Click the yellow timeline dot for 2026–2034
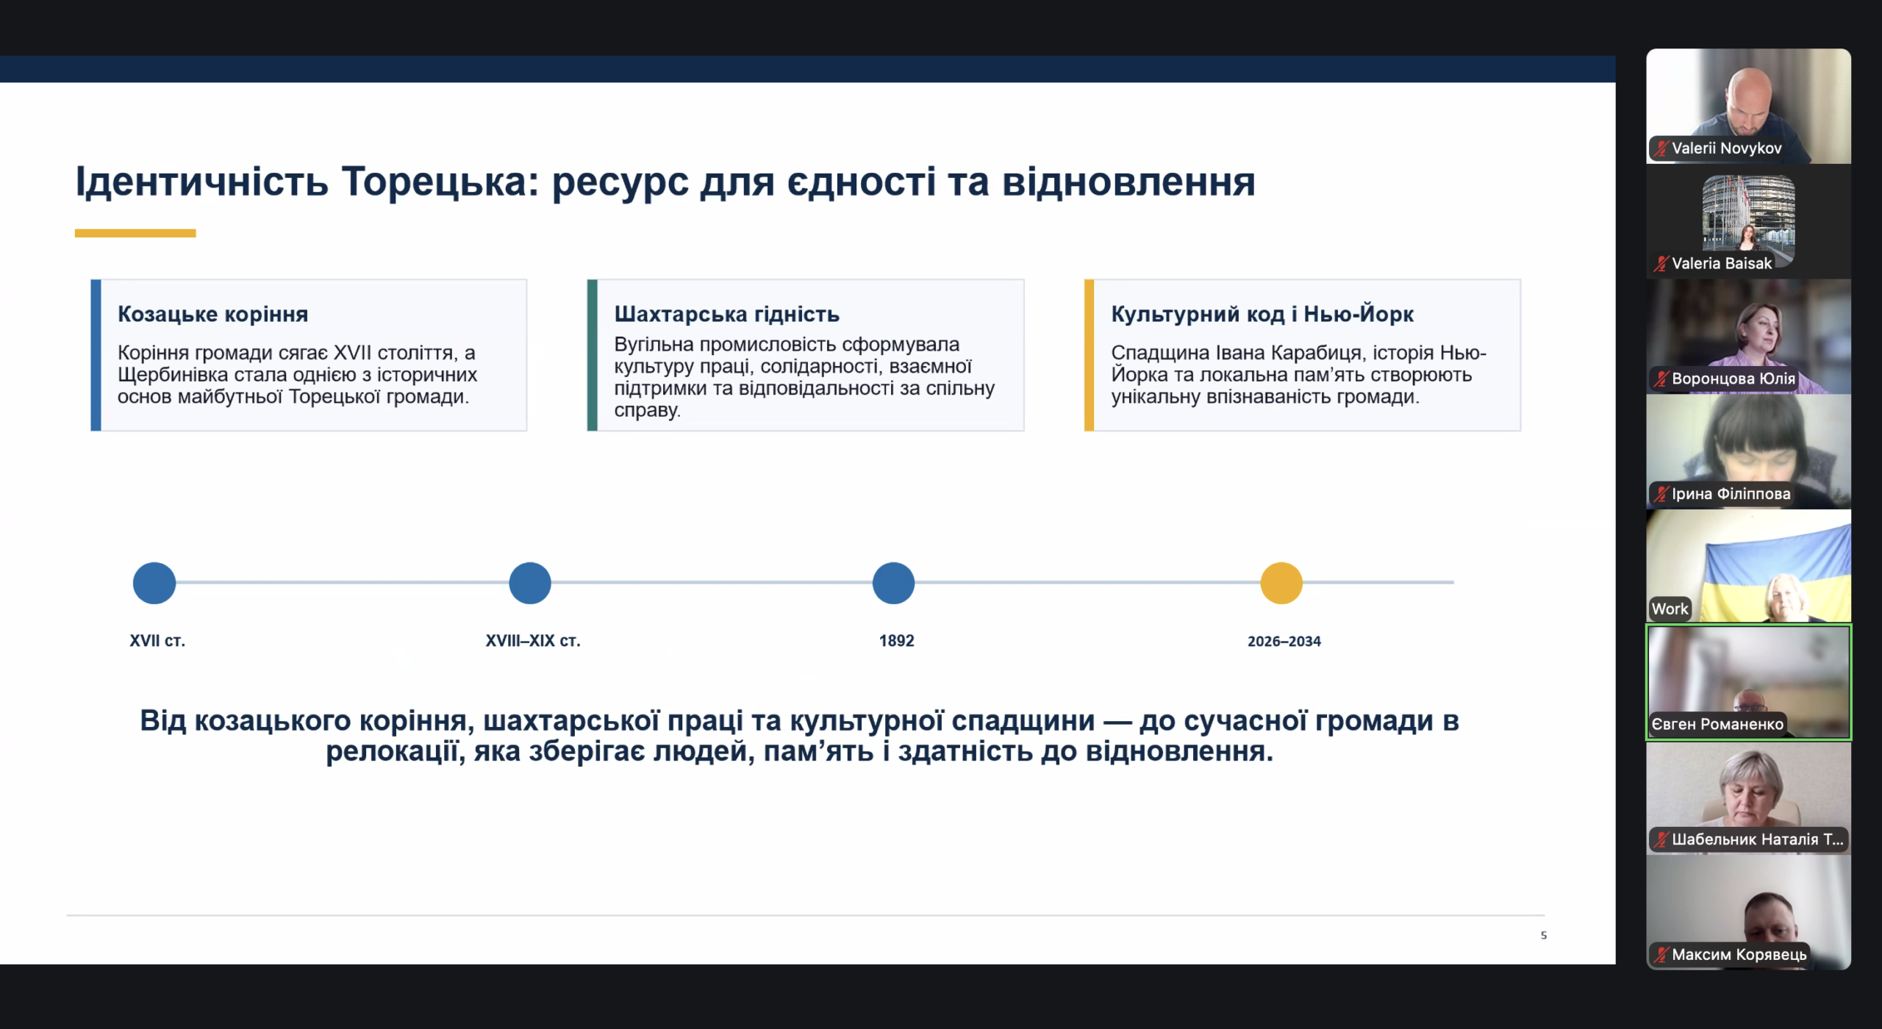click(x=1281, y=583)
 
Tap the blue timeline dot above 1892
click(x=893, y=583)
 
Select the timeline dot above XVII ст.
click(x=154, y=583)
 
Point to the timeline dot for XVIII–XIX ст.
click(x=530, y=583)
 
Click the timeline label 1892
click(x=897, y=641)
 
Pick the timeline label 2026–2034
click(x=1284, y=641)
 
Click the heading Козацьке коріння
click(x=213, y=315)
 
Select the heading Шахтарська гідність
click(x=727, y=315)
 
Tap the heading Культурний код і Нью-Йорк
click(x=1262, y=315)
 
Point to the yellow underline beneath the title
click(x=135, y=233)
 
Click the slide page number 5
click(x=1544, y=936)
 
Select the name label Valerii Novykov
click(x=1727, y=148)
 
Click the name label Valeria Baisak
click(x=1722, y=263)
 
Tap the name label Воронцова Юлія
click(x=1733, y=379)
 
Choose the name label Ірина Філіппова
click(x=1731, y=494)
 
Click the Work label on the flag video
click(x=1670, y=609)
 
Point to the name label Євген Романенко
click(x=1717, y=724)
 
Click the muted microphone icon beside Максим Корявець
click(x=1661, y=955)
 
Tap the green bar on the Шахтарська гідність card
click(x=593, y=355)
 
